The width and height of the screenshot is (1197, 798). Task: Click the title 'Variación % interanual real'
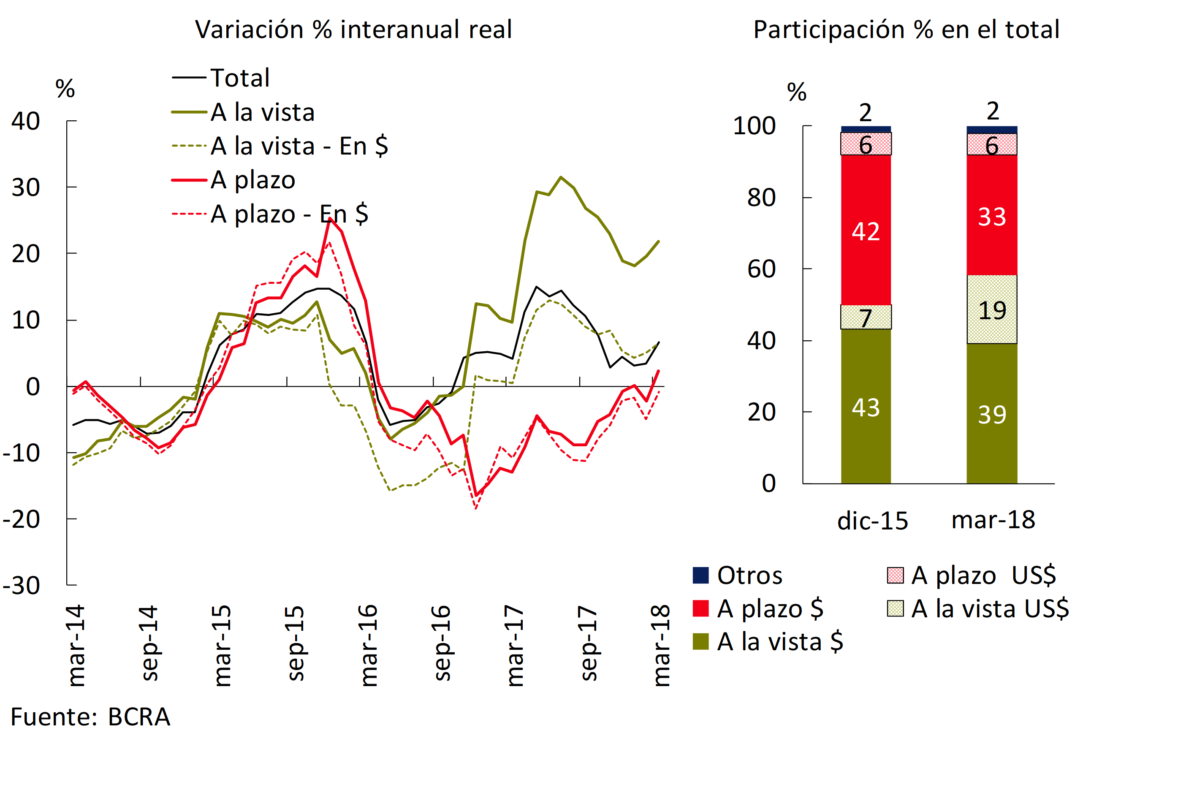(353, 30)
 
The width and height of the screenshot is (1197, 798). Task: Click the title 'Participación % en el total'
(906, 30)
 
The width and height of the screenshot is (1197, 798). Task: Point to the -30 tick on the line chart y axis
(22, 586)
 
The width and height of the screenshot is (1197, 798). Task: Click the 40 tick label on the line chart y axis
(25, 121)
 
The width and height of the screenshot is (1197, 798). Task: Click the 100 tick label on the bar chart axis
(754, 126)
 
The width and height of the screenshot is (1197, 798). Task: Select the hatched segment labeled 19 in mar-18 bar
(991, 309)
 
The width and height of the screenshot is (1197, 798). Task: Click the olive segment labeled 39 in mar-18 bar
(991, 414)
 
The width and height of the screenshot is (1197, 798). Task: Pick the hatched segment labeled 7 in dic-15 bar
(865, 317)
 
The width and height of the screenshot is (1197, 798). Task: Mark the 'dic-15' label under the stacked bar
(872, 521)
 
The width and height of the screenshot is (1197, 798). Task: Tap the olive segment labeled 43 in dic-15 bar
(865, 407)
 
